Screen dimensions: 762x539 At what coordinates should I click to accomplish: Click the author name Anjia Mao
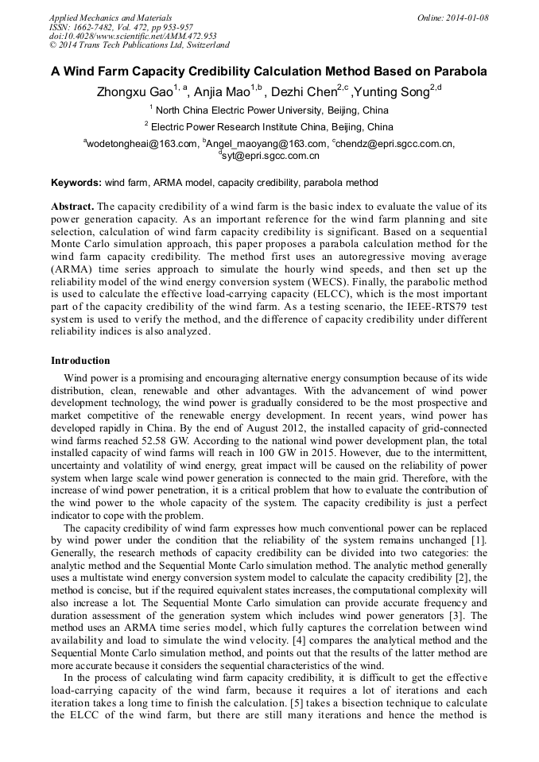pos(225,92)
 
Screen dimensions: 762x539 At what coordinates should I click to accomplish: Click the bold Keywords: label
pos(76,183)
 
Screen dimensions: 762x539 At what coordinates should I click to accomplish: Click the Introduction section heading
pos(80,360)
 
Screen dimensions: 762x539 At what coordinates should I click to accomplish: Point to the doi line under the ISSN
pos(133,37)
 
